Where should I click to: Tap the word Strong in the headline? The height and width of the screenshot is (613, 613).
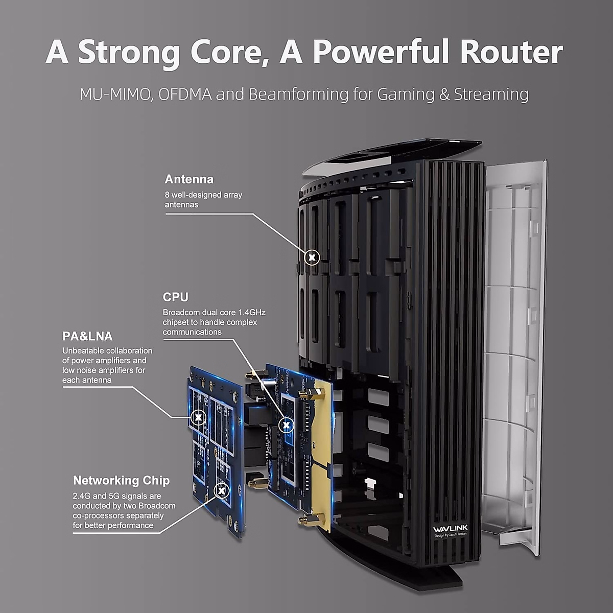(x=128, y=52)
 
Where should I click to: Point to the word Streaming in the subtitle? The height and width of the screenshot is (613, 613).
(x=491, y=95)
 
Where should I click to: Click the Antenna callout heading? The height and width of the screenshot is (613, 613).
(x=189, y=179)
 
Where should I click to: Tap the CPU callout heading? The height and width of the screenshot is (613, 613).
(x=176, y=297)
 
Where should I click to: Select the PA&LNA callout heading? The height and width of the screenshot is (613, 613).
(x=87, y=336)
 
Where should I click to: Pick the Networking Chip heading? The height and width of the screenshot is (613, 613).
(x=121, y=480)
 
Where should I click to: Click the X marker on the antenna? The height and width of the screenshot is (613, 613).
(x=312, y=257)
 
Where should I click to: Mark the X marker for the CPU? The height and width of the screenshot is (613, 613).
(x=288, y=424)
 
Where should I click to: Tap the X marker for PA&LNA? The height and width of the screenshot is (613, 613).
(x=198, y=418)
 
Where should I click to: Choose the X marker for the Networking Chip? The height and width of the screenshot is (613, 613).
(x=221, y=491)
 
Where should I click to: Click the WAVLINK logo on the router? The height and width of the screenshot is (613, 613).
(x=450, y=528)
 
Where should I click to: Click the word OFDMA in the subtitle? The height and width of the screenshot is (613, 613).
(x=185, y=95)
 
